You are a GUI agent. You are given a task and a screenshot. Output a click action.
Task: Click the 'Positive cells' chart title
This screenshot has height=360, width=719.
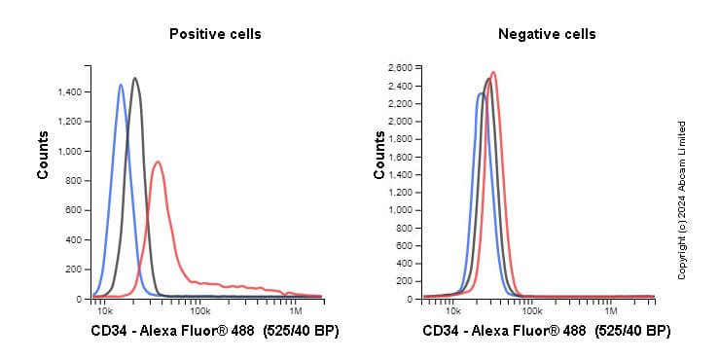[x=215, y=34]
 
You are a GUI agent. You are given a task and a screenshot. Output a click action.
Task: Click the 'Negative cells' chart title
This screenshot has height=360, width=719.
[x=547, y=34]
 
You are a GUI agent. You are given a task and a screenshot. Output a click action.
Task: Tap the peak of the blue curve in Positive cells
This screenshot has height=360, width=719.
[x=121, y=85]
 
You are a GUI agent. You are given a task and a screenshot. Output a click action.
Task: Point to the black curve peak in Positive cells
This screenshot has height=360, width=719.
[x=135, y=79]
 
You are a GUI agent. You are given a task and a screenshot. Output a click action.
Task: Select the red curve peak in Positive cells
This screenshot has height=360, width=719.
[x=158, y=162]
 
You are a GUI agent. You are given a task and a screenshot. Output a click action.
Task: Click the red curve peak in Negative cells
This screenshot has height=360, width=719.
[x=493, y=72]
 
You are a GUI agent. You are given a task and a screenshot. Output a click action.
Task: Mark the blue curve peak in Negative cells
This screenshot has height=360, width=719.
[x=481, y=93]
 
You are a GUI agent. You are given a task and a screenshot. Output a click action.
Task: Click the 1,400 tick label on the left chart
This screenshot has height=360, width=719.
[x=69, y=92]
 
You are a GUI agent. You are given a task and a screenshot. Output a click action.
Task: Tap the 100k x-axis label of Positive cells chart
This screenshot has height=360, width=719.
[x=201, y=311]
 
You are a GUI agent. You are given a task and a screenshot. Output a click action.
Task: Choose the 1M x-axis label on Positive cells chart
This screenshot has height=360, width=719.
[x=297, y=311]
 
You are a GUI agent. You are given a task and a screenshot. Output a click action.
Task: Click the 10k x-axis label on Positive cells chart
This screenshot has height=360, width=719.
[x=104, y=311]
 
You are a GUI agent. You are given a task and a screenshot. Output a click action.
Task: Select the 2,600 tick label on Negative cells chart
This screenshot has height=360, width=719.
[x=400, y=67]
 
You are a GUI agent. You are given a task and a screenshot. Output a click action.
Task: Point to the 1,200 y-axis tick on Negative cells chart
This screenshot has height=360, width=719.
[x=400, y=192]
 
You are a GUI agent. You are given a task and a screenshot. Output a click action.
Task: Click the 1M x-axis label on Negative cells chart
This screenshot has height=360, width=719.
[x=610, y=311]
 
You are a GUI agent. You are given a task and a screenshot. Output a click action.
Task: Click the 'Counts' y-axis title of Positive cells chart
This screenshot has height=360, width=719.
[x=44, y=155]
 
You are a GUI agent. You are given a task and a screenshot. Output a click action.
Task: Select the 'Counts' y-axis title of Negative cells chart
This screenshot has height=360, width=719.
[x=379, y=155]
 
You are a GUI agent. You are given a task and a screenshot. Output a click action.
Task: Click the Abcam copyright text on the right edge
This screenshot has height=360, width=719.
[x=682, y=200]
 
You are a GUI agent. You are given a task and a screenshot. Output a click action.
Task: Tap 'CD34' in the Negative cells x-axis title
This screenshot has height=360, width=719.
[x=441, y=332]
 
